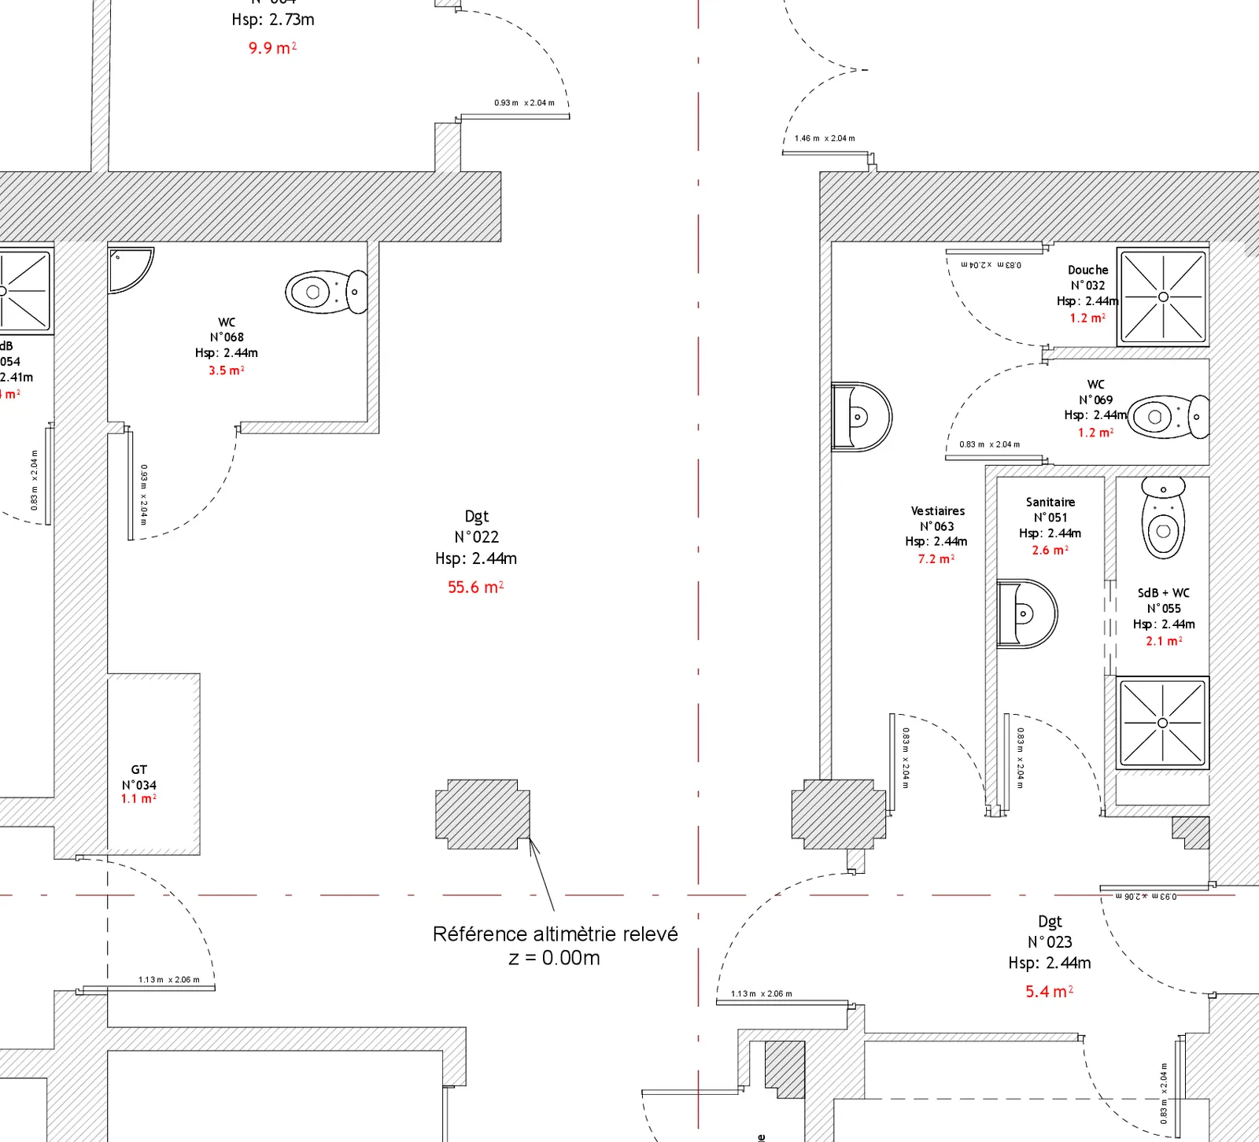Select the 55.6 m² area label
tap(475, 587)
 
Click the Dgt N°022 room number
tap(476, 537)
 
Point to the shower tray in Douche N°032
tap(1163, 297)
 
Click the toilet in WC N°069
tap(1169, 417)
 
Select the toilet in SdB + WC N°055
tap(1163, 518)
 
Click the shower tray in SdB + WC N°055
tap(1162, 722)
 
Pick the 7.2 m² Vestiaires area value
tap(936, 558)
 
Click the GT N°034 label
tap(138, 777)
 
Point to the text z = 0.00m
tap(554, 958)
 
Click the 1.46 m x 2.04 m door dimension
tap(824, 138)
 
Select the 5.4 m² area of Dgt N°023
tap(1049, 992)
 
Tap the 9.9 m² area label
tap(272, 48)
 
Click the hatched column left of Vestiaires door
tap(839, 814)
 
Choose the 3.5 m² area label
tap(226, 370)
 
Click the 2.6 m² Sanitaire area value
tap(1050, 551)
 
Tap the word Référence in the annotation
tap(480, 934)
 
